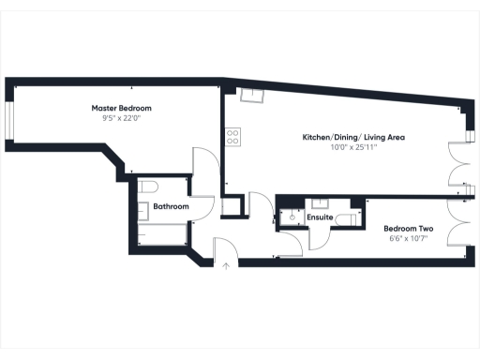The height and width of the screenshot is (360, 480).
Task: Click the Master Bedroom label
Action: (127, 109)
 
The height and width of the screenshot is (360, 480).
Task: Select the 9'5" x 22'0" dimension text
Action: (127, 119)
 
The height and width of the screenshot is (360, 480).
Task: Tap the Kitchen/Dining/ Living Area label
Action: (353, 137)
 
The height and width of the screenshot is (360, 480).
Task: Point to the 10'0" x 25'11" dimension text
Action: (353, 147)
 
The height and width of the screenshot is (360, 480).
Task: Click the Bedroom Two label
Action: (408, 228)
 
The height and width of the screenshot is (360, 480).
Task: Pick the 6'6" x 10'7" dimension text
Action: (408, 238)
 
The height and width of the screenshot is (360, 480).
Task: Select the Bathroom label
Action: (172, 206)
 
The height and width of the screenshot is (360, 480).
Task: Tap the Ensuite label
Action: (321, 217)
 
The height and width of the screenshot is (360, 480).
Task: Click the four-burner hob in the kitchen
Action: (233, 137)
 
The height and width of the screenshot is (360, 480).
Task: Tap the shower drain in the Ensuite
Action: (292, 217)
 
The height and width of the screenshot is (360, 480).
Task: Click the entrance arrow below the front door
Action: (226, 265)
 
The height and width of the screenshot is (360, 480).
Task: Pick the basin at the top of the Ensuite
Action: (321, 202)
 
